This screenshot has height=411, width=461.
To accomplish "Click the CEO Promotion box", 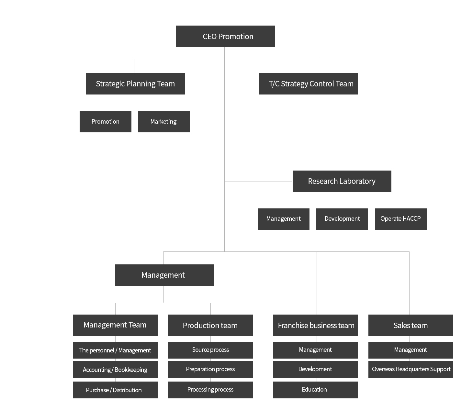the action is tap(225, 36).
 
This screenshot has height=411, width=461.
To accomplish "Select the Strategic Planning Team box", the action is tap(135, 84).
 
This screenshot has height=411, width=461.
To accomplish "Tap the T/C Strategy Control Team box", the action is tap(309, 84).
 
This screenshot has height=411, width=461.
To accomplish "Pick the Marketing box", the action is tap(164, 121).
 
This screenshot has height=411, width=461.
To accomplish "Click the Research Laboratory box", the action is tap(342, 181).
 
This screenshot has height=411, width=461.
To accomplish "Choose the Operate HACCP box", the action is tap(401, 219).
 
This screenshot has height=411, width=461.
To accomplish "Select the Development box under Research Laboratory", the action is tap(342, 219).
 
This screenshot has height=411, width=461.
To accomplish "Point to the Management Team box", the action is tap(115, 325).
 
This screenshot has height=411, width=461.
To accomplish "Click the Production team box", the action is tap(210, 325).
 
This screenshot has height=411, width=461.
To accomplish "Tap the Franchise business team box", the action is tap(315, 325).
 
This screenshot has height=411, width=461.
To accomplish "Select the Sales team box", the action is tap(411, 325).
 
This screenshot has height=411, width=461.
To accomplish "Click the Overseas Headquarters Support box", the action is tap(411, 369).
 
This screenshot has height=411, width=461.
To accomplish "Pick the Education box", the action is tap(315, 390).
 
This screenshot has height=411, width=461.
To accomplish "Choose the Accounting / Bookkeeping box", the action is tap(115, 369).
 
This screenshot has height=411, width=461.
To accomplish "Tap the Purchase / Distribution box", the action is tap(115, 390).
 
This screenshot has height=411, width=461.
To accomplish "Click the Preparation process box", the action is tap(210, 369).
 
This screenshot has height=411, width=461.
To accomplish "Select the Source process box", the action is tap(210, 350).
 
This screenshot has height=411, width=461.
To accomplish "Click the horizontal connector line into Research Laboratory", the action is tap(258, 182).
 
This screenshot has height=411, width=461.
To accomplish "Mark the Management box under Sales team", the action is tap(411, 350).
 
